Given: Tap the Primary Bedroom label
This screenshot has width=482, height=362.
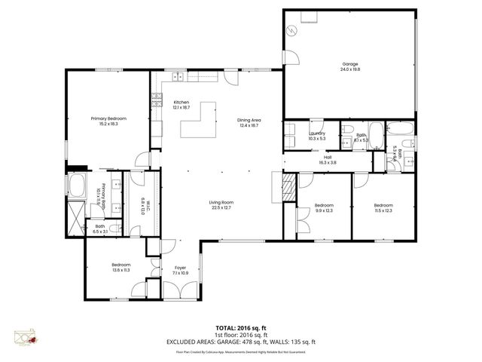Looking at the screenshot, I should [108, 118].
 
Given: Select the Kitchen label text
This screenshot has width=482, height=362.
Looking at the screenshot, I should [182, 103].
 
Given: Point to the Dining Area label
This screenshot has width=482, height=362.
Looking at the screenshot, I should [249, 121].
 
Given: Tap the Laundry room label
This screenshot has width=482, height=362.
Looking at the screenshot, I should [317, 133].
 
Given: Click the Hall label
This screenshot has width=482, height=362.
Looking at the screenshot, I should [328, 157].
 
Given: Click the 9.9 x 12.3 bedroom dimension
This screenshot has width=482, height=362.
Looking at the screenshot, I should [324, 210].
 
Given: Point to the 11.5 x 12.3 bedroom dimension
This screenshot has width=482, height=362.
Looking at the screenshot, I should [383, 210].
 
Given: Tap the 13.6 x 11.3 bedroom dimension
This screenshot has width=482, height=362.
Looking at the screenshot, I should [121, 269].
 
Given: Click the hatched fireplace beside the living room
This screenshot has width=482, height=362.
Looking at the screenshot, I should [288, 185].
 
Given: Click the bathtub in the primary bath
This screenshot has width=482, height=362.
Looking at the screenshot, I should [78, 185].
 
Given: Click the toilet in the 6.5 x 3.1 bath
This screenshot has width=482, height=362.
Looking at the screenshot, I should [113, 229].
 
